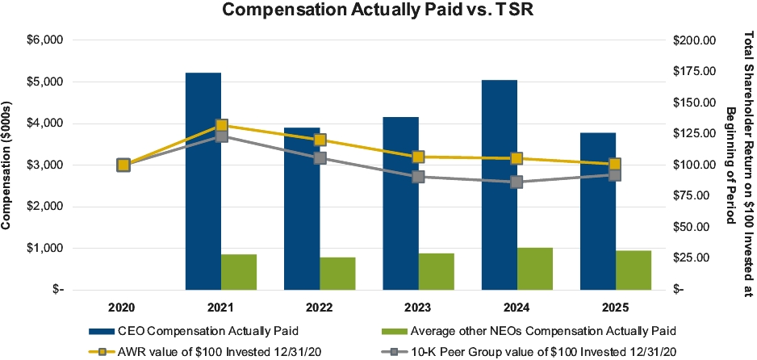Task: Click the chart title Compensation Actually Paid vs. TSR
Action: (379, 11)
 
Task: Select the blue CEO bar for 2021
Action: (203, 181)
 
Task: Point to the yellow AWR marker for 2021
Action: (221, 126)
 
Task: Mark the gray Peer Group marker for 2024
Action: (517, 182)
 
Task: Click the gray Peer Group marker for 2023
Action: (418, 177)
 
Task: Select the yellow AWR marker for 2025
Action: (615, 165)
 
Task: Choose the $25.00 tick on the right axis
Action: (696, 257)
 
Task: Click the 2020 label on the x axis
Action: (123, 307)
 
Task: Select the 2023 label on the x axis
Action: (419, 307)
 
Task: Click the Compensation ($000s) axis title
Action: (10, 165)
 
